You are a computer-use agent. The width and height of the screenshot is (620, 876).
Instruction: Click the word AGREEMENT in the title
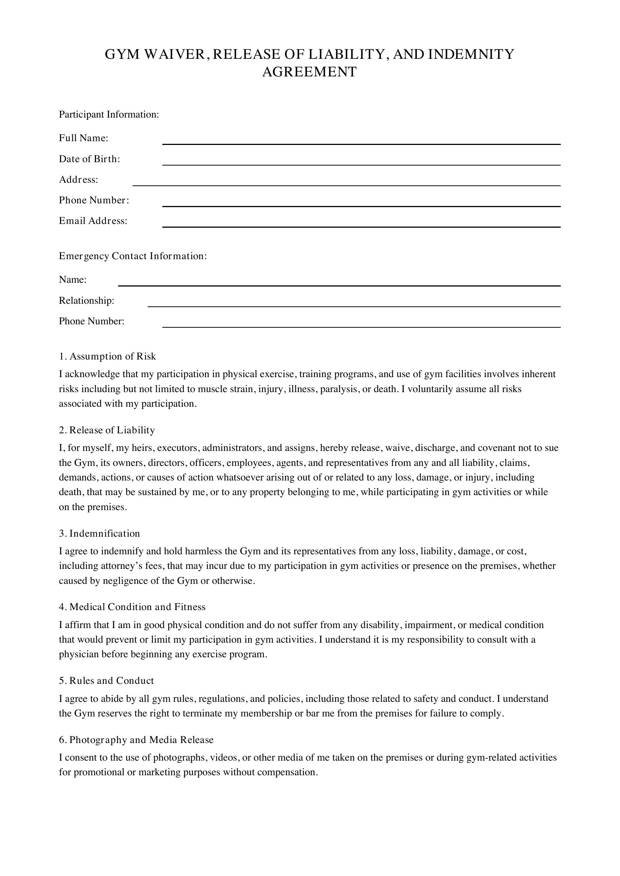309,72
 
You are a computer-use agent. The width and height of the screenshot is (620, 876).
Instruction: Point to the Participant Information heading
109,115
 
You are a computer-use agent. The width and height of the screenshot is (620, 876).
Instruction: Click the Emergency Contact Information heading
132,256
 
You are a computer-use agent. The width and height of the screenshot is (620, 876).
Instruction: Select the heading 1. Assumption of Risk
107,356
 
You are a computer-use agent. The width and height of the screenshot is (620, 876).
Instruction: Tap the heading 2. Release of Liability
107,430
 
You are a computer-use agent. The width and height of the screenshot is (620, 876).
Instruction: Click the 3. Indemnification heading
99,533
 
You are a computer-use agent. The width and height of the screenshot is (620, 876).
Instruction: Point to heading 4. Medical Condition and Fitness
132,607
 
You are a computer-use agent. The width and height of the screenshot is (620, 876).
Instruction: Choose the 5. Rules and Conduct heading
106,681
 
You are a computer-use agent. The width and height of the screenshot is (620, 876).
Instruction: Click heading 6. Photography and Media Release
136,740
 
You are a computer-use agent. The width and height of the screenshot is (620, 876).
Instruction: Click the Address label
78,180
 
